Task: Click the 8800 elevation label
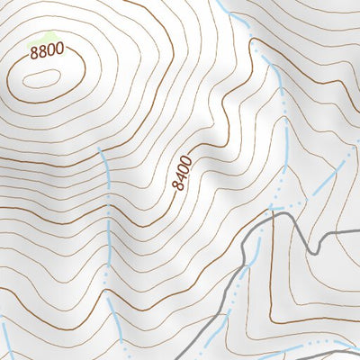point(47,51)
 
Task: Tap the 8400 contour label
point(183,172)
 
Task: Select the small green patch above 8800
point(40,39)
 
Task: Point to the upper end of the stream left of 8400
point(101,151)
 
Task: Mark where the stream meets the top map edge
point(220,3)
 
